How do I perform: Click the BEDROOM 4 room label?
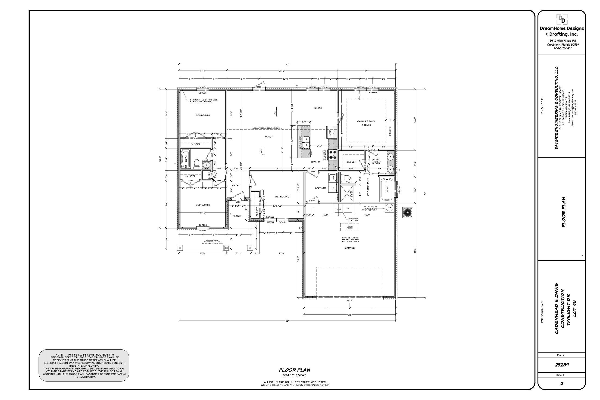pos(203,116)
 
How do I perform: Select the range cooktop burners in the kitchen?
pos(333,155)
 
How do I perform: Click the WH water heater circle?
pos(390,208)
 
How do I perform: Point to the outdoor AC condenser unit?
pos(407,212)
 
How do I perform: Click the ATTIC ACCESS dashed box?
pos(350,227)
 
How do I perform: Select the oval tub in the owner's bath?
pos(387,190)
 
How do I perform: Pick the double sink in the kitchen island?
pos(306,142)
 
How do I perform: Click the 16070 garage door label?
pos(349,300)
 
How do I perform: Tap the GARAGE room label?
pos(350,248)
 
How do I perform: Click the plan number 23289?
pos(562,365)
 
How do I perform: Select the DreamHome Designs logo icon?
pos(562,19)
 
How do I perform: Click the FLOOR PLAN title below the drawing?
pos(294,370)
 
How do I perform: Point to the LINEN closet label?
pos(209,175)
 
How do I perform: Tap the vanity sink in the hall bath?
pos(207,165)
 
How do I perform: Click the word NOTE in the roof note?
pos(59,355)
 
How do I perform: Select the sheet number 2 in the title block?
pos(562,384)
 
